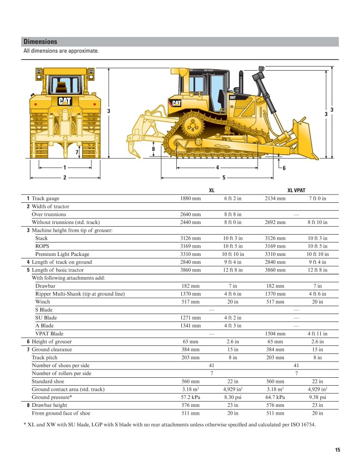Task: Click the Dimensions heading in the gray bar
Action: [41, 42]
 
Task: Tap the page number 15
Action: [337, 450]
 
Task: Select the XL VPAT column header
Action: [296, 190]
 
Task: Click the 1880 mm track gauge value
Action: [190, 199]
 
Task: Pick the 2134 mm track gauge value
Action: [275, 199]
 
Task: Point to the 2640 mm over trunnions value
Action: [190, 214]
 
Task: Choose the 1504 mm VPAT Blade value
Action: [275, 334]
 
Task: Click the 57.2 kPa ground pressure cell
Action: [190, 397]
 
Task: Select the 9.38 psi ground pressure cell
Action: [317, 397]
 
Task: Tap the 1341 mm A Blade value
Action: [190, 326]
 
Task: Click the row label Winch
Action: [42, 302]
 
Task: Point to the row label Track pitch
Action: [46, 357]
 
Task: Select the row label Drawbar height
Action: [49, 405]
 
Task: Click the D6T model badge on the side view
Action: [233, 97]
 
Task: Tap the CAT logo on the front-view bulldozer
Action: [65, 101]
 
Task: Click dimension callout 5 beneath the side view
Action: [223, 177]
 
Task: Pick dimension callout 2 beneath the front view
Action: [65, 177]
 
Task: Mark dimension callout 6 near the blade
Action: [284, 168]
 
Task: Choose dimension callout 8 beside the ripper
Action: [153, 149]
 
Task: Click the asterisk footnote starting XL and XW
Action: [169, 425]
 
